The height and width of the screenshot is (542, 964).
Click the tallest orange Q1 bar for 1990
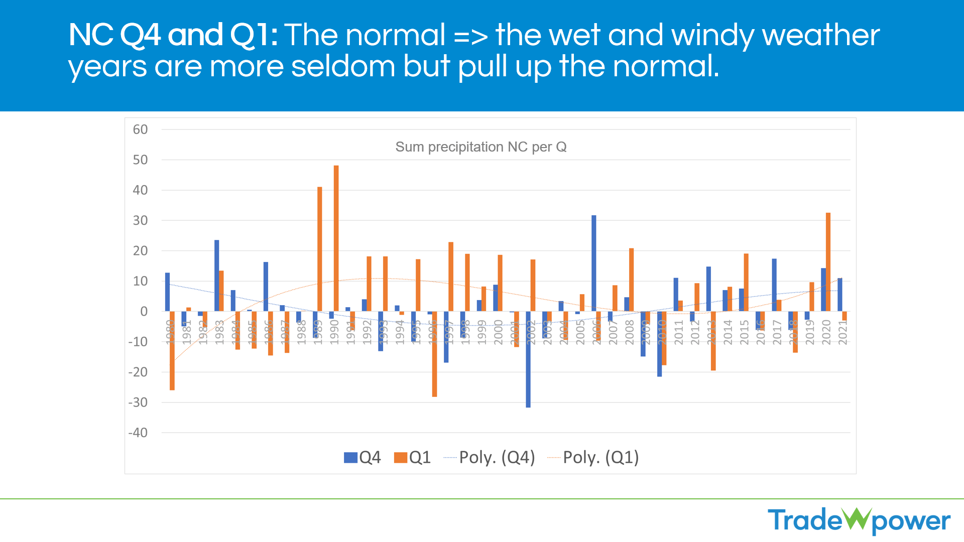coord(336,238)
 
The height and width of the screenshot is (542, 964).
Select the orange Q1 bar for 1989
coord(320,249)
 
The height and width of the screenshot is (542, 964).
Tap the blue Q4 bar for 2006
coord(594,263)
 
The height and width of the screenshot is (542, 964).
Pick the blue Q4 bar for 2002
coord(528,359)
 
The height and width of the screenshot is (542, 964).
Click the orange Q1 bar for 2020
coord(828,262)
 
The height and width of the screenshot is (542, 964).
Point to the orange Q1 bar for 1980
coord(172,350)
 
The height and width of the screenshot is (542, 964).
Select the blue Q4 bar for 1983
coord(217,276)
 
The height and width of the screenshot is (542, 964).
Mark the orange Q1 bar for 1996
coord(434,354)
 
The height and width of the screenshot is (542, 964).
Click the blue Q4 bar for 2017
coord(774,285)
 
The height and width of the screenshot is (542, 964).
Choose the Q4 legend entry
coord(363,457)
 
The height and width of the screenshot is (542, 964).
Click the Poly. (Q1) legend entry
coord(593,457)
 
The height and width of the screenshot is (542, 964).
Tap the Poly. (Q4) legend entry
coord(490,457)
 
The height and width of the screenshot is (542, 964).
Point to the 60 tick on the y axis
coord(140,129)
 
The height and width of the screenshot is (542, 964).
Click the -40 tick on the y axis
coord(138,433)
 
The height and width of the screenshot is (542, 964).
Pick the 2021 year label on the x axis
coord(843,332)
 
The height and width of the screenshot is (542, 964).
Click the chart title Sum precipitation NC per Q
coord(481,147)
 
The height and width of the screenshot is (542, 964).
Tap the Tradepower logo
coord(859,520)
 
